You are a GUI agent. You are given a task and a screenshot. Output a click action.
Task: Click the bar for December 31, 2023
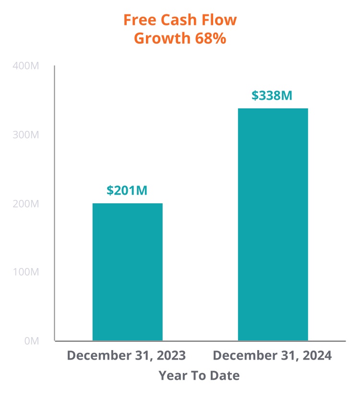[x=127, y=272]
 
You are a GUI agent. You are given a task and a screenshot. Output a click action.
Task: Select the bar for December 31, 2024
[x=273, y=224]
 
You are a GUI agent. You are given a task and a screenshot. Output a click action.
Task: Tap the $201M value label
[x=127, y=190]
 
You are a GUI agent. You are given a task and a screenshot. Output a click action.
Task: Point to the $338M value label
[x=272, y=95]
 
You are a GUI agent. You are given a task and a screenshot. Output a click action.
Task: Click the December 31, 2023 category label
[x=126, y=356]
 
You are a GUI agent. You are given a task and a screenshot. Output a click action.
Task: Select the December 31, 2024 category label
[x=272, y=356]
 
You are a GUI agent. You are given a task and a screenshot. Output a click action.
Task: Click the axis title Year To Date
[x=199, y=375]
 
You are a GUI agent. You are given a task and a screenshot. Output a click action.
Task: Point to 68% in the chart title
[x=210, y=38]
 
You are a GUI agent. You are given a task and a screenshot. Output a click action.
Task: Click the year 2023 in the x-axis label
[x=170, y=356]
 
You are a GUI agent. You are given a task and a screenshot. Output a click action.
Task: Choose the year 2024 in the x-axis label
[x=316, y=356]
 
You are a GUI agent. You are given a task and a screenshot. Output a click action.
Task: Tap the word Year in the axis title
[x=172, y=375]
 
